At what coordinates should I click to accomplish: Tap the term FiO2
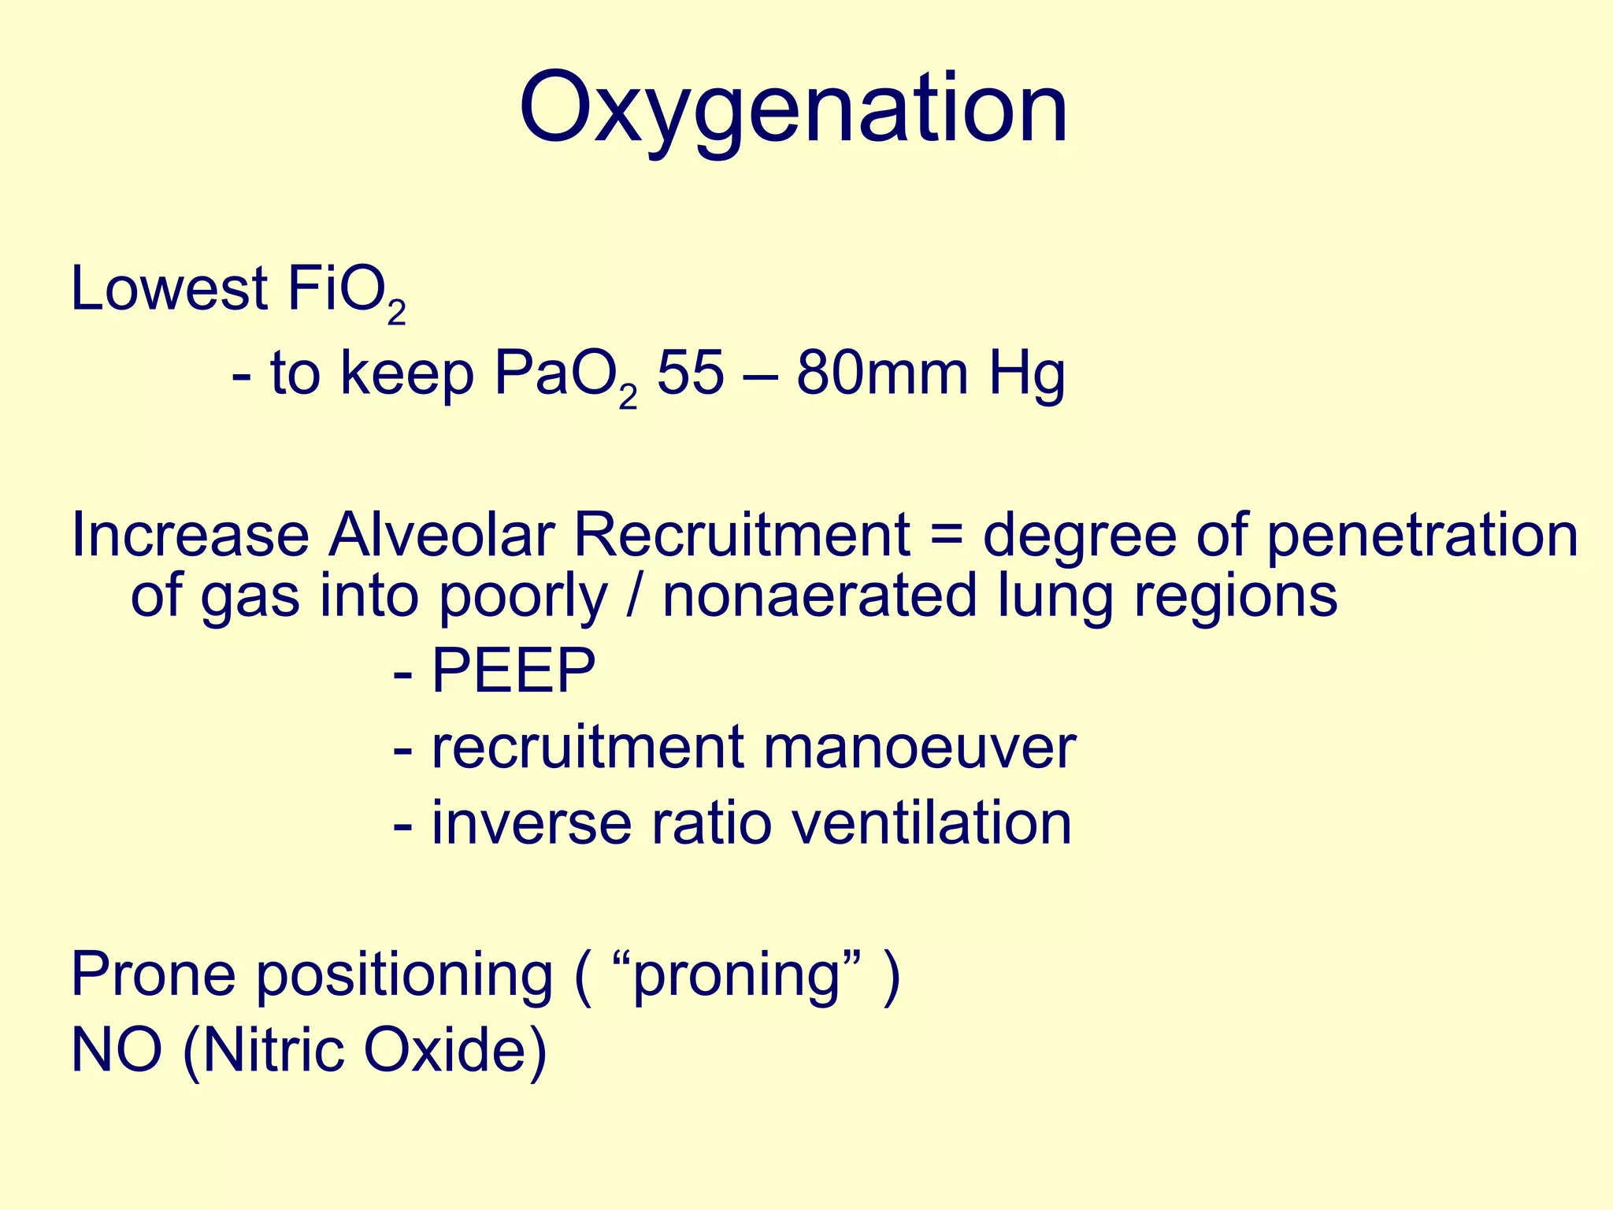tap(347, 291)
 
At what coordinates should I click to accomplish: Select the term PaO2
tap(563, 375)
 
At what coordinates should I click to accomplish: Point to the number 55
tap(690, 373)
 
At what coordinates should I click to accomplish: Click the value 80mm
tap(881, 373)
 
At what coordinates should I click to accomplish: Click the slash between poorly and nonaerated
tap(635, 596)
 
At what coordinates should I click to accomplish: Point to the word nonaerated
tap(819, 596)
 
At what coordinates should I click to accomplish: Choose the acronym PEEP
tap(514, 671)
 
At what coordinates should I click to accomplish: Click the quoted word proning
tap(736, 976)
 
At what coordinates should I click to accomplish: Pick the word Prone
tap(154, 974)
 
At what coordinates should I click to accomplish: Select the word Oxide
tap(454, 1051)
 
